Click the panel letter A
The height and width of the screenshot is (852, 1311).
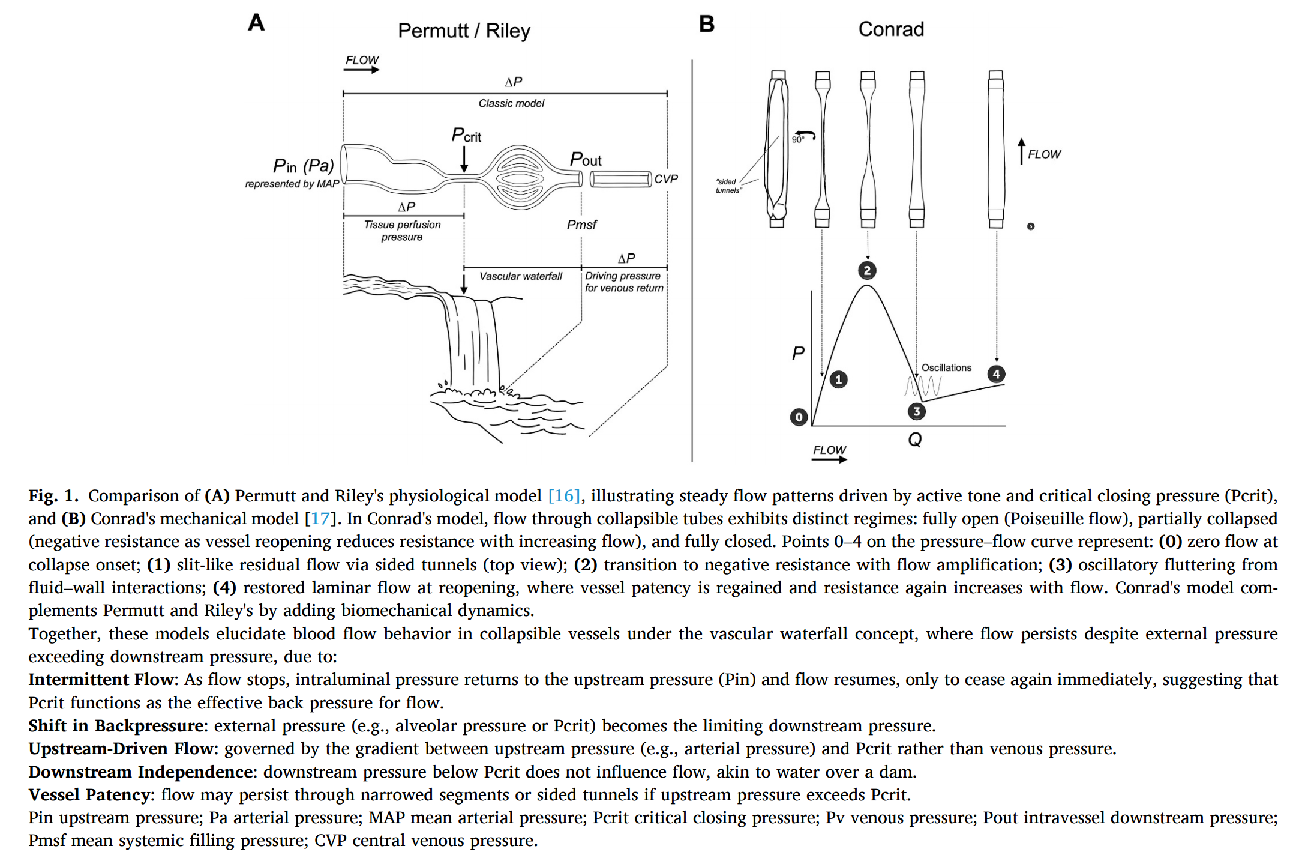click(256, 23)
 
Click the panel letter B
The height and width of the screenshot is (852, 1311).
click(706, 24)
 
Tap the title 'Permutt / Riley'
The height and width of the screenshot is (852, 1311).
click(464, 31)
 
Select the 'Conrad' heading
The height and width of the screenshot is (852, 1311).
click(890, 29)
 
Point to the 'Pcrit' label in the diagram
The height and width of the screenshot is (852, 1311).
click(466, 135)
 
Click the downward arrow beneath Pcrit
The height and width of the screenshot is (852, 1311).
click(464, 160)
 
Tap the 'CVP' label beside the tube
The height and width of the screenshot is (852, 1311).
click(665, 179)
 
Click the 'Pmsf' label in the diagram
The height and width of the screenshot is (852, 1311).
click(581, 225)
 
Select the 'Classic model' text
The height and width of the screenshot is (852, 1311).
click(511, 103)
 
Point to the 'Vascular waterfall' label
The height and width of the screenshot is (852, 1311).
click(520, 276)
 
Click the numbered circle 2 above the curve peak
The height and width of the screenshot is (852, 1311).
click(866, 270)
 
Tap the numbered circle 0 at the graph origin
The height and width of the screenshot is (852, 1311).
click(799, 417)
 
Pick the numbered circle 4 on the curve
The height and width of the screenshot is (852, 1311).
click(996, 374)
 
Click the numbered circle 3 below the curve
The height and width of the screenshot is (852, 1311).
click(916, 411)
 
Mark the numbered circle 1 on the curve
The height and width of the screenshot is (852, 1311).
click(838, 379)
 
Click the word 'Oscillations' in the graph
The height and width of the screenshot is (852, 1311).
click(946, 367)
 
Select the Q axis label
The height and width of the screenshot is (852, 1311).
click(914, 440)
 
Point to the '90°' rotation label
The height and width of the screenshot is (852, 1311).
click(797, 139)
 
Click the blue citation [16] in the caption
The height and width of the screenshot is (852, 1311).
click(564, 496)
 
